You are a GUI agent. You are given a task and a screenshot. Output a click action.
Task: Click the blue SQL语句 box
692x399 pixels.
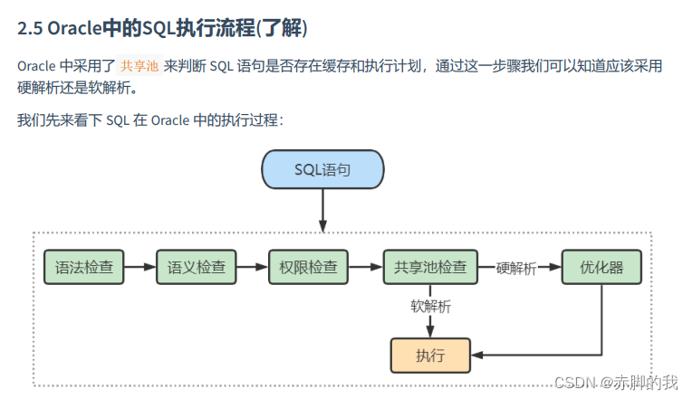point(322,169)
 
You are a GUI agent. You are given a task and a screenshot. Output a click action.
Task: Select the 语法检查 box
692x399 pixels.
point(82,267)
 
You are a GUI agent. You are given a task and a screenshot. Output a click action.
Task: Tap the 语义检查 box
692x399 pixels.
point(196,267)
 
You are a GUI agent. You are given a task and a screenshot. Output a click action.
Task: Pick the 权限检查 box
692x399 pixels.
point(308,267)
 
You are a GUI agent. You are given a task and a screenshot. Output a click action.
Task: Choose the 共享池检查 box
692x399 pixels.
point(430,267)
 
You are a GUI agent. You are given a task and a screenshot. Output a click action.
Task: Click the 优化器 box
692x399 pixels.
point(601,267)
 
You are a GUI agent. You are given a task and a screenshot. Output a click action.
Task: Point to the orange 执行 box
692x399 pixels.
point(430,355)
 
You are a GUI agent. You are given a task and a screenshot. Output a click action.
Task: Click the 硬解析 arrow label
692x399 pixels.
point(515,268)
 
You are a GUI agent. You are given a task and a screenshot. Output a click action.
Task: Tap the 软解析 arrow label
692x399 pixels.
point(430,307)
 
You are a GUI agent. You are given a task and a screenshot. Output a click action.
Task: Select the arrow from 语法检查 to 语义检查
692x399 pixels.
point(139,267)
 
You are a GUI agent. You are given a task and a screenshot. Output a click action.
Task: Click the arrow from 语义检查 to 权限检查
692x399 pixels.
point(252,267)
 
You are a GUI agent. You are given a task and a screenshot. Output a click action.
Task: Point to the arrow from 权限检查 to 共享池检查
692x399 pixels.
point(365,267)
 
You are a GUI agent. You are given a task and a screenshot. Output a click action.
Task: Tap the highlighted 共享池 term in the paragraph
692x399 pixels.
point(139,66)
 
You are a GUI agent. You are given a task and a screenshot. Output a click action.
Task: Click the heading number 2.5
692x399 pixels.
point(29,29)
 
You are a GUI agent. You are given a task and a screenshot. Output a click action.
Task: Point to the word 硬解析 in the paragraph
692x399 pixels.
point(39,89)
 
